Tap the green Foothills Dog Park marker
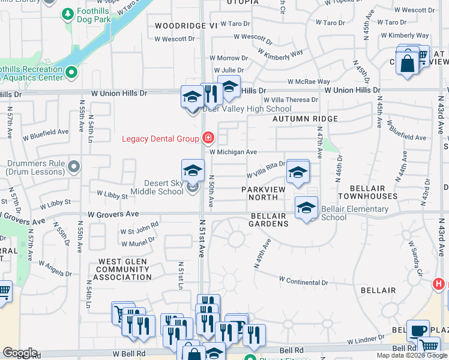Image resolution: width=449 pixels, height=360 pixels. point(67,13)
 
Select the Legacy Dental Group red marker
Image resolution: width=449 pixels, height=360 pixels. point(208,139)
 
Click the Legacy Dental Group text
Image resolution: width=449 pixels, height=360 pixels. point(160,139)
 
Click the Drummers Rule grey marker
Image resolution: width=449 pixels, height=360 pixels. point(74,166)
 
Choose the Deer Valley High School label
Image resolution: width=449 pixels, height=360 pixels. point(247,109)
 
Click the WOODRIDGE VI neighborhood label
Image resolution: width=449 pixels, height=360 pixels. point(185,26)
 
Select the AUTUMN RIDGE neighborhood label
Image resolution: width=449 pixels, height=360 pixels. point(305,119)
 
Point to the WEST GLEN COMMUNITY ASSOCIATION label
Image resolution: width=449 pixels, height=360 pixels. point(125,269)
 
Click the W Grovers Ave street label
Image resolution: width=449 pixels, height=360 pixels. point(113,214)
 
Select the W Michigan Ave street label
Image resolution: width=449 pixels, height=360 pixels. point(233,152)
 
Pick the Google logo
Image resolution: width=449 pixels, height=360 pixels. point(20,353)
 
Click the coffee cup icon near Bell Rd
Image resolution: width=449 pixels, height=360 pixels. point(418,331)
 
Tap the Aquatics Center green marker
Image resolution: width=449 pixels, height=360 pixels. point(72,73)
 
